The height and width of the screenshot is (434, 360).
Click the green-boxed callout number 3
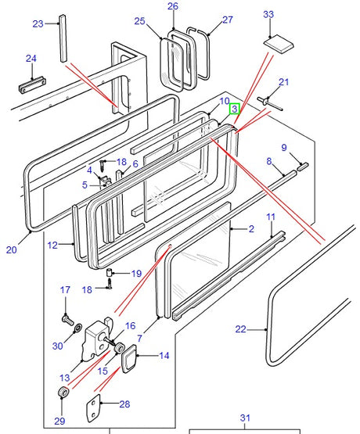coord(234,109)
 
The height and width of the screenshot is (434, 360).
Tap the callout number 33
coord(268,14)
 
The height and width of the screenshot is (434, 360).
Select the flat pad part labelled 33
coord(278,44)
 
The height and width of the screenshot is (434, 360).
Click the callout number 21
coord(284,82)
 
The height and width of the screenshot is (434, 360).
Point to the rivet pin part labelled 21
coord(269,103)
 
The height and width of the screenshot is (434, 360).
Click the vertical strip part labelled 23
coord(63,38)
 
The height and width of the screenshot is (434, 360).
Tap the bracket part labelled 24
coord(32,85)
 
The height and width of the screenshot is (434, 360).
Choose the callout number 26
coord(173,6)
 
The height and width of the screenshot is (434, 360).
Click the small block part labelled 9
coord(302,167)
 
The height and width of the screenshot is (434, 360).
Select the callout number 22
coord(240,329)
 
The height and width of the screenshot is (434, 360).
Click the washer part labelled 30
coord(77,328)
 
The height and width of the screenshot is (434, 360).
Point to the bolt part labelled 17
coord(67,321)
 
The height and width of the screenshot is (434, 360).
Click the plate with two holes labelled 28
coord(93,408)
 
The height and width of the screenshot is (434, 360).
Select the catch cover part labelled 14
coord(129,358)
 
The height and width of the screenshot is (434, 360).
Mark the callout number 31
coord(245,418)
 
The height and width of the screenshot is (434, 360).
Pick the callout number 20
coord(12,250)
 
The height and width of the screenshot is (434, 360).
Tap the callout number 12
coord(52,246)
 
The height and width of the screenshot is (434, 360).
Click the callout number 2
coord(251,229)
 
